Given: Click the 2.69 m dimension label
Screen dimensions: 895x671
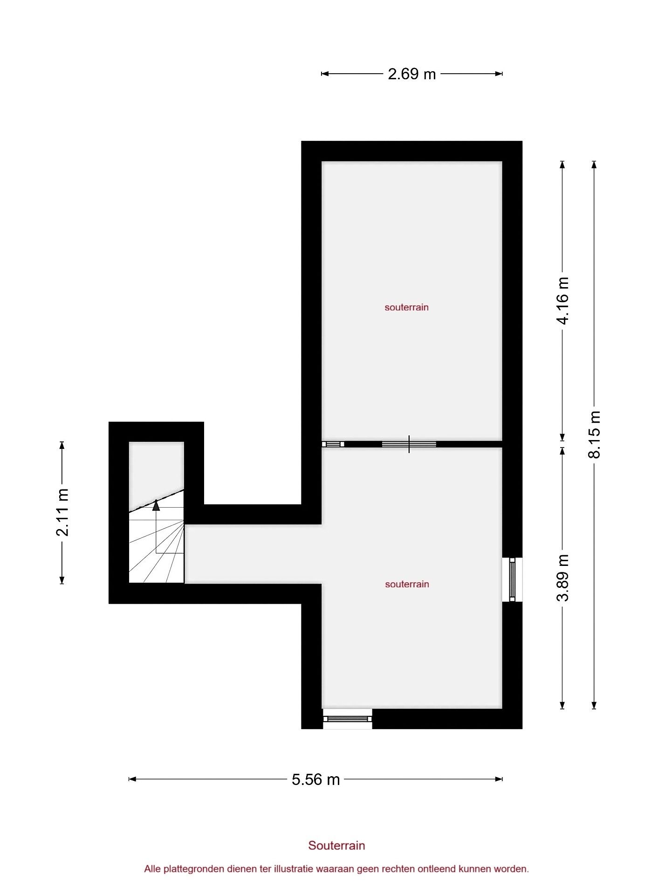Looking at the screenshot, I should click(411, 74).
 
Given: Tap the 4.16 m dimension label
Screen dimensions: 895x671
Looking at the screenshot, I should click(563, 300).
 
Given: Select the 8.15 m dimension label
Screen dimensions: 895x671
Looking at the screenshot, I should click(595, 434).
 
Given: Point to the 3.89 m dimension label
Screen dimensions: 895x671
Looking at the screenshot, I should click(563, 578).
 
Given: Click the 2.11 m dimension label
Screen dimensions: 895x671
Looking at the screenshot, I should click(62, 512).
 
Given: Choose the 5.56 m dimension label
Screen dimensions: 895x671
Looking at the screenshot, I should click(315, 779).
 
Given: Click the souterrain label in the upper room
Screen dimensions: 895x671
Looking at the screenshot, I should click(406, 307).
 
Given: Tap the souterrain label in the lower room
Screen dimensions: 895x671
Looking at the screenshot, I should click(407, 584).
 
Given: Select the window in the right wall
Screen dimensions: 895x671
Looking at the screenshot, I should click(512, 579).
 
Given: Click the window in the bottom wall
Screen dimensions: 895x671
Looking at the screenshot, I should click(348, 719).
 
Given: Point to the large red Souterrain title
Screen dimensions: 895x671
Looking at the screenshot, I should click(336, 846).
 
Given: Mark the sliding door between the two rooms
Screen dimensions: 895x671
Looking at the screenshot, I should click(409, 444).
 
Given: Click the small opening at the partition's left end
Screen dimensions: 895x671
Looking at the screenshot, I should click(333, 444).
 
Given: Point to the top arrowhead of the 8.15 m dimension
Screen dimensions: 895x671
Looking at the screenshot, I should click(594, 165).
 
